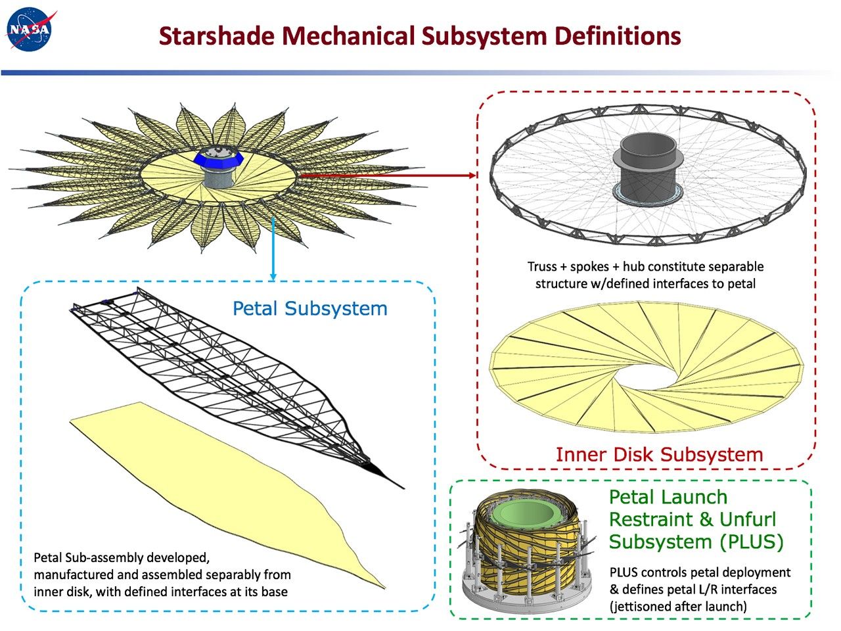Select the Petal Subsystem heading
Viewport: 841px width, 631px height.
click(309, 308)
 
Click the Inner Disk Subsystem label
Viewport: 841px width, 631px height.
click(659, 454)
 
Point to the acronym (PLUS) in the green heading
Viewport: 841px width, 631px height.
click(750, 542)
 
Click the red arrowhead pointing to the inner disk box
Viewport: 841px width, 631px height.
click(472, 175)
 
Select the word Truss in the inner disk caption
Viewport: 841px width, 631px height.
click(542, 267)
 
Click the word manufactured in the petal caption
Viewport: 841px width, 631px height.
click(70, 575)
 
